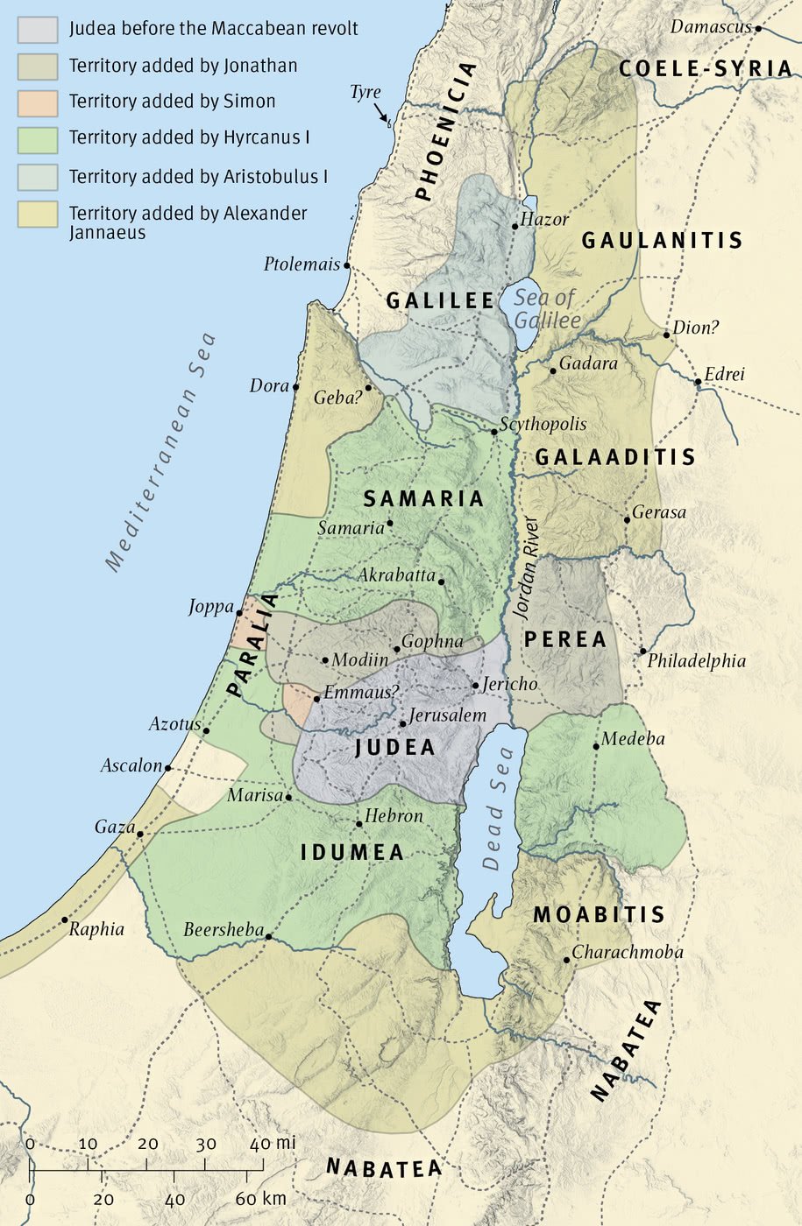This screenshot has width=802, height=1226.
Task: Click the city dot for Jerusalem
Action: (403, 723)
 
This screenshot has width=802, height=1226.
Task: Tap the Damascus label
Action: (711, 27)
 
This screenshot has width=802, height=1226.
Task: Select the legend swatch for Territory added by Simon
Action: (38, 102)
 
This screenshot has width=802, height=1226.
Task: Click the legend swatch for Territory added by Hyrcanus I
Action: (38, 139)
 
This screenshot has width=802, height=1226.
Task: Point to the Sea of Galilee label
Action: (546, 309)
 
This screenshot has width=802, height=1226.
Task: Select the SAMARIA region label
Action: (423, 499)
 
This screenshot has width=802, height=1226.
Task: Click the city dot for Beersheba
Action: (268, 937)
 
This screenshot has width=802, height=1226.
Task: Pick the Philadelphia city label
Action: (697, 661)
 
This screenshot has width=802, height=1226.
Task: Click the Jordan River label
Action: (528, 569)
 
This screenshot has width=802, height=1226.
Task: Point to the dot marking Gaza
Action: (140, 835)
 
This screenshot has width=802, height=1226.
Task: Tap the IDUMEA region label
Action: (352, 852)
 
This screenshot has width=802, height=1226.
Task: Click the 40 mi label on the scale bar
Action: (272, 1144)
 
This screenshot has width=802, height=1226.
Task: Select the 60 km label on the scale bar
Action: (260, 1199)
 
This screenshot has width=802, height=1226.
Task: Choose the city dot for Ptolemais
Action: (347, 265)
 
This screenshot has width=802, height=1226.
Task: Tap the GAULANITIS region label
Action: (662, 240)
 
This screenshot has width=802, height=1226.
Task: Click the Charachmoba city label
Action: (628, 952)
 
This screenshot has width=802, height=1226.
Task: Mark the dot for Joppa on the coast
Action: (239, 613)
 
